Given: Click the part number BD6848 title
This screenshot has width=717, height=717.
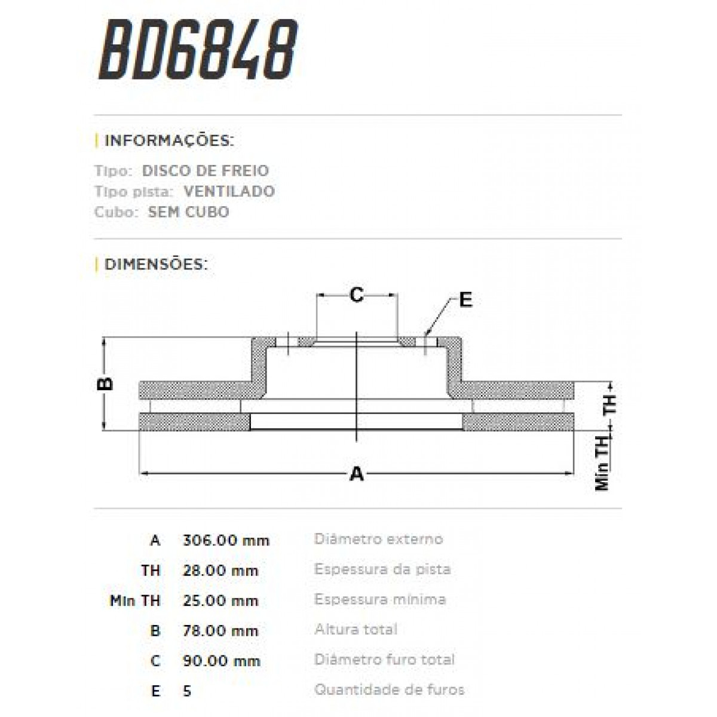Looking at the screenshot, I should click(x=198, y=51).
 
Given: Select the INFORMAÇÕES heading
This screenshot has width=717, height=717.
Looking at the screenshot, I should click(x=168, y=141).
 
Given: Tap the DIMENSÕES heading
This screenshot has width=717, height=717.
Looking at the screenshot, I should click(x=155, y=264).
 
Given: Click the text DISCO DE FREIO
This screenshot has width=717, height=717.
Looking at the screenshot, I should click(x=206, y=171).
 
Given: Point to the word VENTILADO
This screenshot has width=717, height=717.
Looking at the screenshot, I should click(x=229, y=192).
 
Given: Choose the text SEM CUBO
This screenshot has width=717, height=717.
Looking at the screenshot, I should click(x=188, y=212).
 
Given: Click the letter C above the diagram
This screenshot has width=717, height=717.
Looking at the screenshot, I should click(x=356, y=295).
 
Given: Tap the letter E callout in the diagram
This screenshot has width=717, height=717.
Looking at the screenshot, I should click(x=465, y=300).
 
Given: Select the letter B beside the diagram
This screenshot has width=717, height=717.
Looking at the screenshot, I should click(x=105, y=383).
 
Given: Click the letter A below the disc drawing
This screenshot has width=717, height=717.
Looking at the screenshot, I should click(x=356, y=474).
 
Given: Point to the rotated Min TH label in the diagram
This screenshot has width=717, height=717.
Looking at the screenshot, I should click(x=602, y=462).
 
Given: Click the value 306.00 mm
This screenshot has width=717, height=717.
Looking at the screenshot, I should click(x=226, y=541).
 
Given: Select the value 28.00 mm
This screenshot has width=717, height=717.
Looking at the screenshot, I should click(x=220, y=571).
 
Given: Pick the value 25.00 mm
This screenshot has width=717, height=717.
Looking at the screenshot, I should click(x=220, y=600).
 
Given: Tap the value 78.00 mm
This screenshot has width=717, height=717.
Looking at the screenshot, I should click(x=220, y=630).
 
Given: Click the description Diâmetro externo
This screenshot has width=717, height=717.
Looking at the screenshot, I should click(x=378, y=539).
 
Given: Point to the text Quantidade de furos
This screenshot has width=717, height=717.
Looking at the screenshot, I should click(x=389, y=690).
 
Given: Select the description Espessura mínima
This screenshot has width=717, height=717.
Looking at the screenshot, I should click(x=380, y=599).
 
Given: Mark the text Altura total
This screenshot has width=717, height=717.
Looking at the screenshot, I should click(x=356, y=629).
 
